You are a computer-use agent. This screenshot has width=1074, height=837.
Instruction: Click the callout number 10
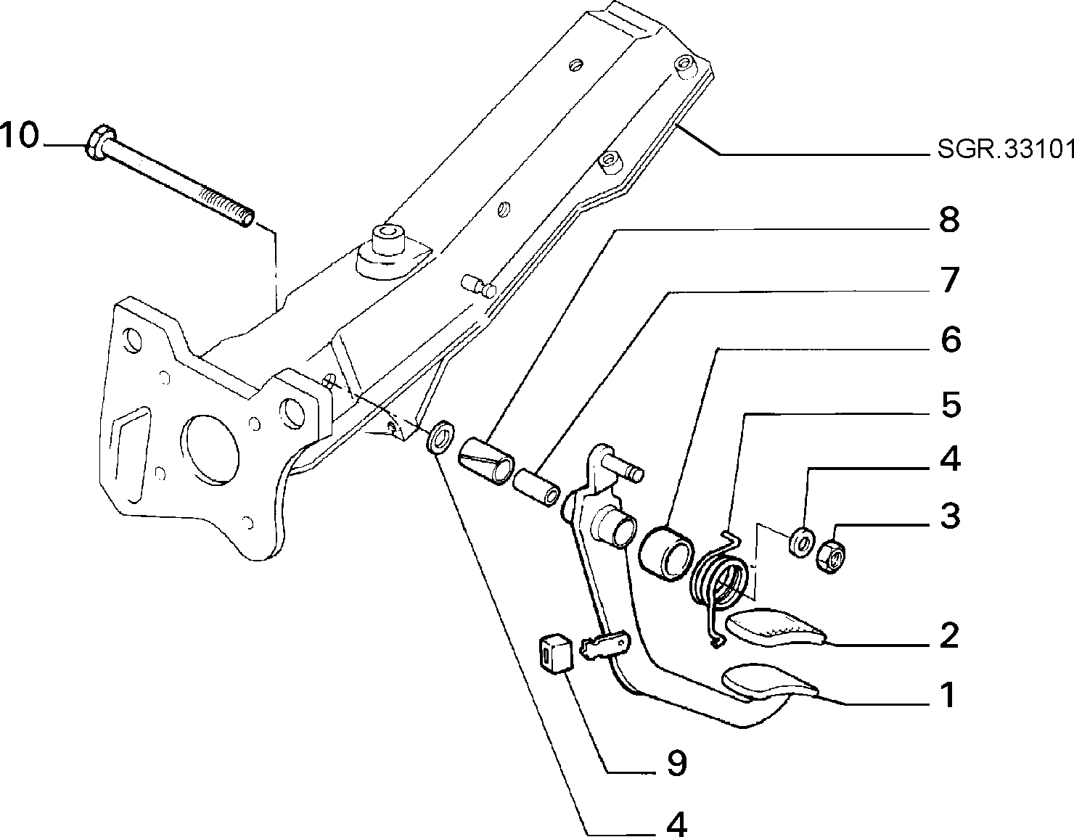pos(19,135)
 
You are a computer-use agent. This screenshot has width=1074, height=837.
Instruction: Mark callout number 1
pos(948,695)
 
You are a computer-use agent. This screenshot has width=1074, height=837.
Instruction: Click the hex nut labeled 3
pos(832,558)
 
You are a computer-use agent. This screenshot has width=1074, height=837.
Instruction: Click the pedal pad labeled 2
pos(774,627)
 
